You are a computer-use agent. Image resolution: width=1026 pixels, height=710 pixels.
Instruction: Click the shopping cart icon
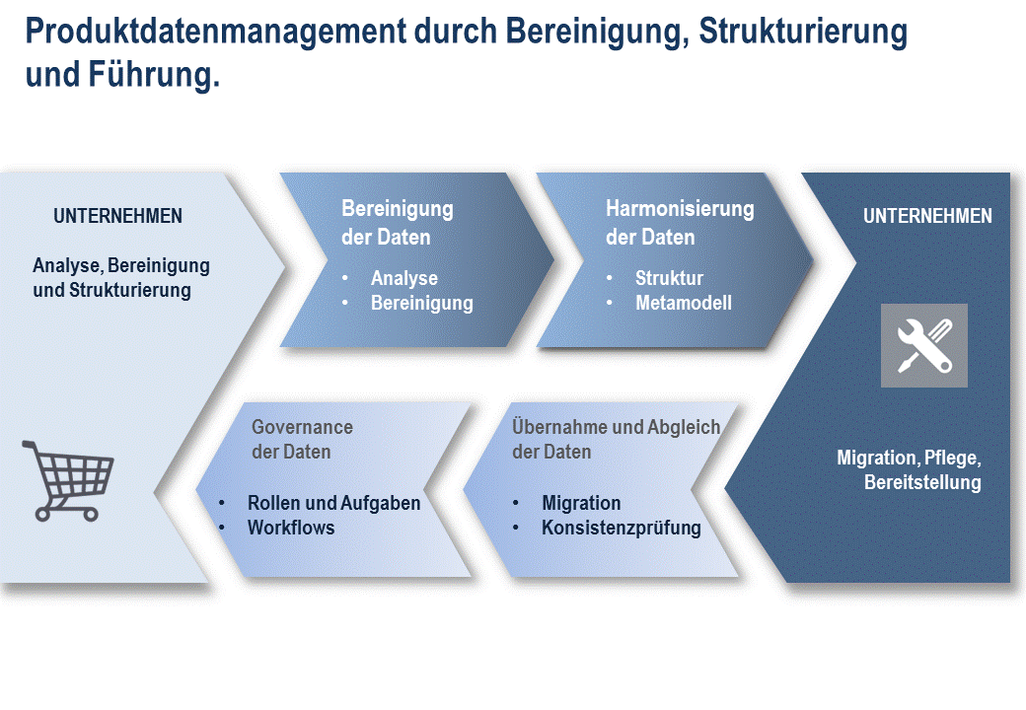[x=67, y=480]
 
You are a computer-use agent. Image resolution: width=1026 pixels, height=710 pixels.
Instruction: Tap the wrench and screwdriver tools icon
[x=924, y=345]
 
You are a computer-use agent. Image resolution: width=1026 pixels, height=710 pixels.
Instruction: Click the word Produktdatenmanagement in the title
[x=215, y=31]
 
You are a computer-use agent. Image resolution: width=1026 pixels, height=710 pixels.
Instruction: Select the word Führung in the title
[x=151, y=74]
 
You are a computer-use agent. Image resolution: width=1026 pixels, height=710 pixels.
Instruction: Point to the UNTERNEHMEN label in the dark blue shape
[x=927, y=216]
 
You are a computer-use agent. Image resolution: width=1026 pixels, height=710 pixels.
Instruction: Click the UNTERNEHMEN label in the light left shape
[x=117, y=216]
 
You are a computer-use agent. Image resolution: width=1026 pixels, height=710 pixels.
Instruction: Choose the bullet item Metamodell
[x=683, y=303]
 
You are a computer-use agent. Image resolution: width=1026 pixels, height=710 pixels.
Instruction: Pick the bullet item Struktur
[x=669, y=278]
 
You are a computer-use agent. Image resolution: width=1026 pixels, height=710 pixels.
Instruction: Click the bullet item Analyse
[x=404, y=278]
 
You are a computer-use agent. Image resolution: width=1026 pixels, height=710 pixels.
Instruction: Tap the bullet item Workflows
[x=291, y=528]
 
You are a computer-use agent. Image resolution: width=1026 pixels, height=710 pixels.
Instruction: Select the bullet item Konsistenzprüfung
[x=621, y=528]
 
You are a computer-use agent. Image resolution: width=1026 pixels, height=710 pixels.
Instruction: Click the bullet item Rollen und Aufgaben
[x=333, y=503]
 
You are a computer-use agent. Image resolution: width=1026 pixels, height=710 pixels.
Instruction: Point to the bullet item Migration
[x=581, y=503]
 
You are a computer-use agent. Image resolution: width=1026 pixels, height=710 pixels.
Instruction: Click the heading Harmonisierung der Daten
[x=680, y=222]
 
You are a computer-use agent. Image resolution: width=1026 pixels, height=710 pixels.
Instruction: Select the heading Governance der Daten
[x=302, y=440]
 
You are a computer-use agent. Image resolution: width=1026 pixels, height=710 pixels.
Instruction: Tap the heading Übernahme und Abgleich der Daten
[x=616, y=440]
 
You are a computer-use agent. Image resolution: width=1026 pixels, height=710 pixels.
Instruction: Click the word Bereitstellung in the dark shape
[x=922, y=482]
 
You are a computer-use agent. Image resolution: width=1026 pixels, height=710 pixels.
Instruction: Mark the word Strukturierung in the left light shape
[x=130, y=290]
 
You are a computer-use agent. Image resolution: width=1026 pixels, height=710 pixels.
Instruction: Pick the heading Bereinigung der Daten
[x=398, y=222]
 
